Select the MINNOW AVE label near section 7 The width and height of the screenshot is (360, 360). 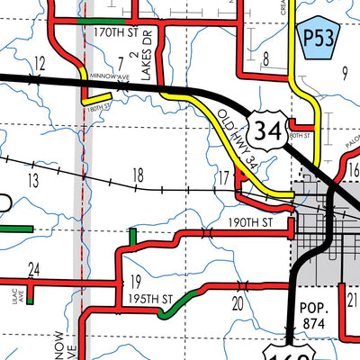[109, 77]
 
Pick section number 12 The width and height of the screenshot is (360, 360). [39, 62]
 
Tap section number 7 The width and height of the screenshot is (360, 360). [120, 62]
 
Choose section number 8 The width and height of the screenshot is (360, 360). [266, 60]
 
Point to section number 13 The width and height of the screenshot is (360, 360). [33, 180]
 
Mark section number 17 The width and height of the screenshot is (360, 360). [223, 179]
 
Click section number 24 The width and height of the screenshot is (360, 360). [34, 269]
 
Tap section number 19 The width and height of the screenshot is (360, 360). [136, 280]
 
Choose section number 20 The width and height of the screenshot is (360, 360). [238, 303]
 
